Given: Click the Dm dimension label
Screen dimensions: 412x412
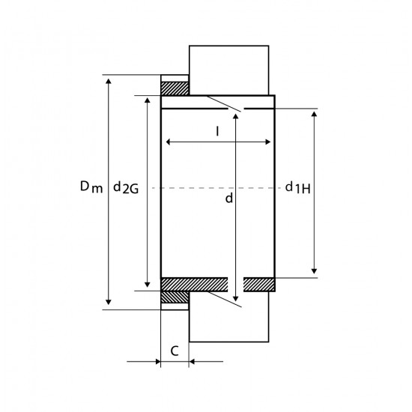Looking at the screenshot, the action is (91, 187).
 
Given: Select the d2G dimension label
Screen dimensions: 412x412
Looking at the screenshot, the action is (126, 187).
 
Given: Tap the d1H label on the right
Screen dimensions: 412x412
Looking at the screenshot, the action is (297, 187).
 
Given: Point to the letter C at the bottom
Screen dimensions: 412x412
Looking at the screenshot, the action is (175, 351).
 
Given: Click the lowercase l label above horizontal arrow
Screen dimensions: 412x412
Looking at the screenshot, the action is (217, 131).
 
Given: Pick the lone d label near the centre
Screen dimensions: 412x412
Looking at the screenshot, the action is (229, 198).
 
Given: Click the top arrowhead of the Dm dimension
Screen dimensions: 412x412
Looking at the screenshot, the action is (109, 81).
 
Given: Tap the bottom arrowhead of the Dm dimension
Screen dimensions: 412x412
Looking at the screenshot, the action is (109, 303).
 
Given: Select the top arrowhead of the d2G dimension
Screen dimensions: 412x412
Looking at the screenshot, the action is (148, 100).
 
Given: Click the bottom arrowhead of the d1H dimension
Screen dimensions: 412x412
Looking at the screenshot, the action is (314, 271).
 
